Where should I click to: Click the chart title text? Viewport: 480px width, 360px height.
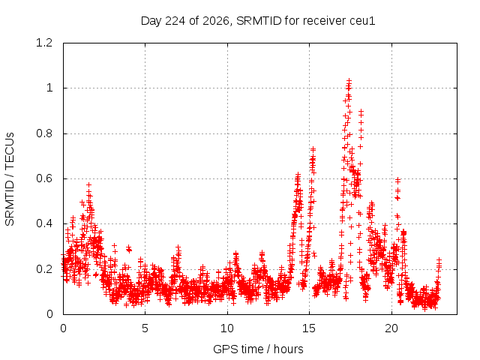point(258,21)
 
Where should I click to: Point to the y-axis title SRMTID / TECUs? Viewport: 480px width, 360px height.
point(10,179)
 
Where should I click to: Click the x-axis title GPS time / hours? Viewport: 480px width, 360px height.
point(258,349)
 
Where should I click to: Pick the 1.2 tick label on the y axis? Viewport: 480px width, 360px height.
point(44,43)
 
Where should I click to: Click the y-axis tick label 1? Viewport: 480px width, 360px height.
point(49,88)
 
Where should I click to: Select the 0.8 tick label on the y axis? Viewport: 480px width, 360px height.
point(44,133)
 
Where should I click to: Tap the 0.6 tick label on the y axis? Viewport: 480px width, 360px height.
point(44,178)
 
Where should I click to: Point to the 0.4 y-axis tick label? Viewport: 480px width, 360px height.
point(44,223)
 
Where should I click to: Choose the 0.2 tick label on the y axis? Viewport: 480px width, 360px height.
point(44,269)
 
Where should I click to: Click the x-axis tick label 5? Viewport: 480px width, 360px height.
point(145,328)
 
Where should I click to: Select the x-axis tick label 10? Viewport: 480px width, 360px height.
point(227,328)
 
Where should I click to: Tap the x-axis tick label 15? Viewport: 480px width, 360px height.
point(309,328)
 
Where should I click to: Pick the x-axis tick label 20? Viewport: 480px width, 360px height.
point(391,328)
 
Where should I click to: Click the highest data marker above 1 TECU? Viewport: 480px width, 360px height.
point(349,80)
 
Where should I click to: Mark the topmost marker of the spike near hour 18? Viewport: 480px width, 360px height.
point(361,112)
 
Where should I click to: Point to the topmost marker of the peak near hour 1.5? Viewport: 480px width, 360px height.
point(88,185)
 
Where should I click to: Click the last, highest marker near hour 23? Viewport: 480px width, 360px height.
point(439,260)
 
